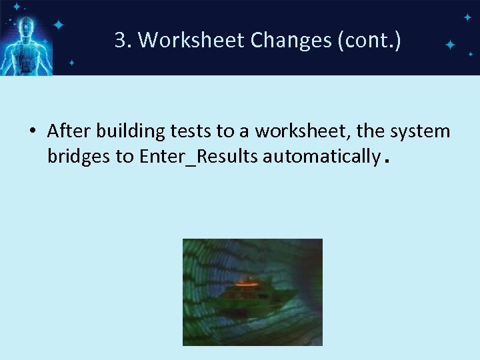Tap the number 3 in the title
[x=120, y=41]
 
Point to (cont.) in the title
[x=369, y=41]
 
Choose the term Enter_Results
[x=199, y=157]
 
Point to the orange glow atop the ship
[x=249, y=281]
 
